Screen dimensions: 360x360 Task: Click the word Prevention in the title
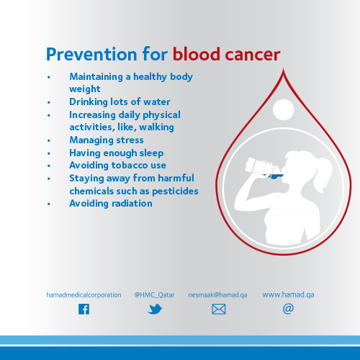point(91,54)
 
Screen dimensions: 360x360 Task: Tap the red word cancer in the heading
point(253,55)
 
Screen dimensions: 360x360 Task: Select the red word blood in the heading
point(197,54)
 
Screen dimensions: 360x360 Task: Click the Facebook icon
point(84,309)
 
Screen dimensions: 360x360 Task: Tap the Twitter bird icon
point(155,309)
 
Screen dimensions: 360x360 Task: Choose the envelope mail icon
point(219,309)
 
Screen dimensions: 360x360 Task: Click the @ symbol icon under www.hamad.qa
point(288,309)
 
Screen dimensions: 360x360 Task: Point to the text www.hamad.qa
point(288,294)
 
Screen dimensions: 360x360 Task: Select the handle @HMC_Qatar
point(154,294)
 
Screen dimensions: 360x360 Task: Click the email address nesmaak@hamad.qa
point(217,294)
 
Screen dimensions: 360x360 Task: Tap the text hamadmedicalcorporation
point(84,294)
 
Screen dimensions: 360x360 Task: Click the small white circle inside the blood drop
point(283,109)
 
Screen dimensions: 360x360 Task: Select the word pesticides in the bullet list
point(175,192)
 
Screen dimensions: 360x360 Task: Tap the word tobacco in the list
point(130,165)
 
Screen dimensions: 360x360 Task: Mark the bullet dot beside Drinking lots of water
point(49,102)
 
